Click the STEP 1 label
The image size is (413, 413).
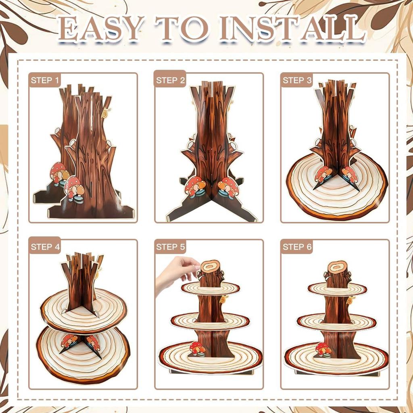point(45,80)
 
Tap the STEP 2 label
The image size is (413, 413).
point(171,80)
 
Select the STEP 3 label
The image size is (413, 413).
point(297,80)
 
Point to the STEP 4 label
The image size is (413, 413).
point(45,247)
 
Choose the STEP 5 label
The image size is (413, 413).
point(171,247)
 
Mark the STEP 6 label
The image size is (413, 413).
point(297,247)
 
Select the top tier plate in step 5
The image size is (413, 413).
point(210,288)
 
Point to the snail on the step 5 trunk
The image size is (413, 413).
point(223,300)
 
